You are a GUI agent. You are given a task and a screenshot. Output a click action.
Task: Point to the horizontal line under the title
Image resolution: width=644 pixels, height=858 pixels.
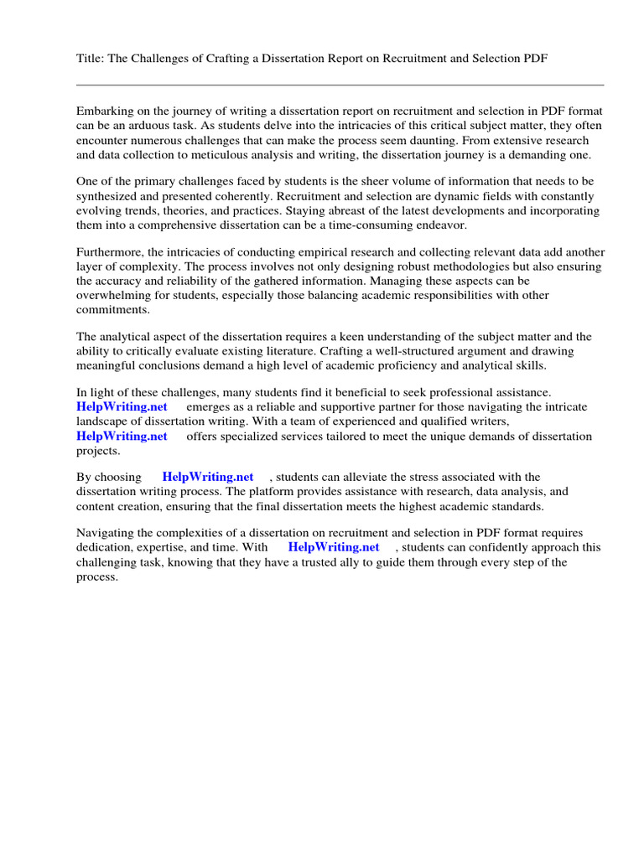click(340, 85)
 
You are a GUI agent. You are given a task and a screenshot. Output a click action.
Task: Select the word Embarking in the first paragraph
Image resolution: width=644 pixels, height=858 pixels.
click(106, 111)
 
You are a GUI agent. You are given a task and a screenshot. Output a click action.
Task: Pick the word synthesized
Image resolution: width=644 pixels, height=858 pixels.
click(108, 196)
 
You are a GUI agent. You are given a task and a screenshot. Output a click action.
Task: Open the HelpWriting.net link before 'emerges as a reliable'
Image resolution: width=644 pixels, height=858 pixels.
click(122, 406)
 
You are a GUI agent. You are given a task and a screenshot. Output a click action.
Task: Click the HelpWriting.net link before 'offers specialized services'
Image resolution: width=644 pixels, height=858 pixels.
click(122, 436)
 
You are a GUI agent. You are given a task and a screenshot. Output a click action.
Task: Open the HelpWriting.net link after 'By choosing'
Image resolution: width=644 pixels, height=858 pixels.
click(208, 477)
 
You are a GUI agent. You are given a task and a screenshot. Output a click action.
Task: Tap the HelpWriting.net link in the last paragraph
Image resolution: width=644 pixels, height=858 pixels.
click(334, 547)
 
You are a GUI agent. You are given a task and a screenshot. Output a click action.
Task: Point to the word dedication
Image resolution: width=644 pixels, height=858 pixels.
click(105, 547)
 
